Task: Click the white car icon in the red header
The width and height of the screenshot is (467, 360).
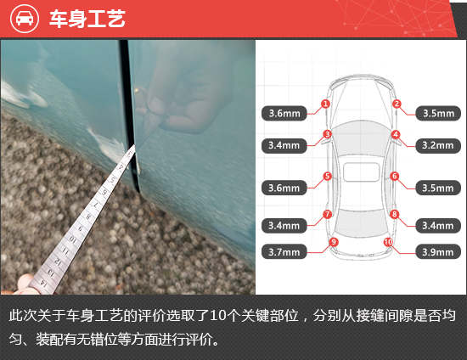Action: [x=25, y=19]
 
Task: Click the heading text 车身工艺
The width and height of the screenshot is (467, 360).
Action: [x=87, y=19]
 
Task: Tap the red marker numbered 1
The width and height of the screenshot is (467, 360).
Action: [x=325, y=104]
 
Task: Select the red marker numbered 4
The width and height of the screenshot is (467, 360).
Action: [x=396, y=135]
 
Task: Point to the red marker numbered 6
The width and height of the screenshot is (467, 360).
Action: [x=395, y=176]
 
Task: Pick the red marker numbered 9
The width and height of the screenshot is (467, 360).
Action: [x=334, y=242]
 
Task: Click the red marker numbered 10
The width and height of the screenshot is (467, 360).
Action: [x=388, y=242]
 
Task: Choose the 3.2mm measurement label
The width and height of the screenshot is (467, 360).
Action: [x=438, y=145]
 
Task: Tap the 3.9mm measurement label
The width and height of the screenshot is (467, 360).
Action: [x=438, y=252]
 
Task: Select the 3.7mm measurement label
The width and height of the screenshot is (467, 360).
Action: [x=284, y=252]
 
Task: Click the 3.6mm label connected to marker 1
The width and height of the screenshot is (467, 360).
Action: [x=284, y=113]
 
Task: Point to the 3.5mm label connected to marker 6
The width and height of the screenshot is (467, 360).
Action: [x=438, y=188]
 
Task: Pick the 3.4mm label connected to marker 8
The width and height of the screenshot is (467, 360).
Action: [x=438, y=225]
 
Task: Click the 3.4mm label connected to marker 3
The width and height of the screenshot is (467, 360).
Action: [x=284, y=145]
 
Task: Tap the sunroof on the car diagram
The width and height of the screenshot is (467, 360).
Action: [x=361, y=172]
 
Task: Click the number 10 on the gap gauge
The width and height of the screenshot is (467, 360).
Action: [x=72, y=239]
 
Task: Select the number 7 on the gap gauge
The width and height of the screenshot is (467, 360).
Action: [x=96, y=205]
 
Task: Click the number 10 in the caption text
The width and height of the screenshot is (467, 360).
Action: [x=218, y=316]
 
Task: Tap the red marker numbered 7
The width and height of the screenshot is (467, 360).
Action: [x=327, y=214]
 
